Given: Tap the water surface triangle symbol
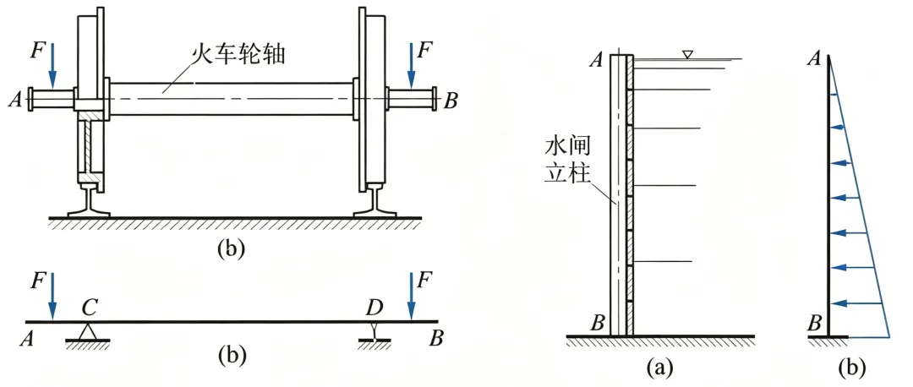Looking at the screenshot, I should click(x=688, y=55).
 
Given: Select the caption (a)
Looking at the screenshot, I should click(x=659, y=368).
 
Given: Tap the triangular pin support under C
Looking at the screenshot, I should click(x=87, y=331).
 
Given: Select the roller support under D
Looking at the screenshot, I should click(x=373, y=333).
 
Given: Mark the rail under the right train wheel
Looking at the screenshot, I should click(x=373, y=201).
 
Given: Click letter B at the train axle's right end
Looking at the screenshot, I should click(x=451, y=101).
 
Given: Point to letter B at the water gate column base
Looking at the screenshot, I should click(x=597, y=322).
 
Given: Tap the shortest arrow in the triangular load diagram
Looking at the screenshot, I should click(x=835, y=95).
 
